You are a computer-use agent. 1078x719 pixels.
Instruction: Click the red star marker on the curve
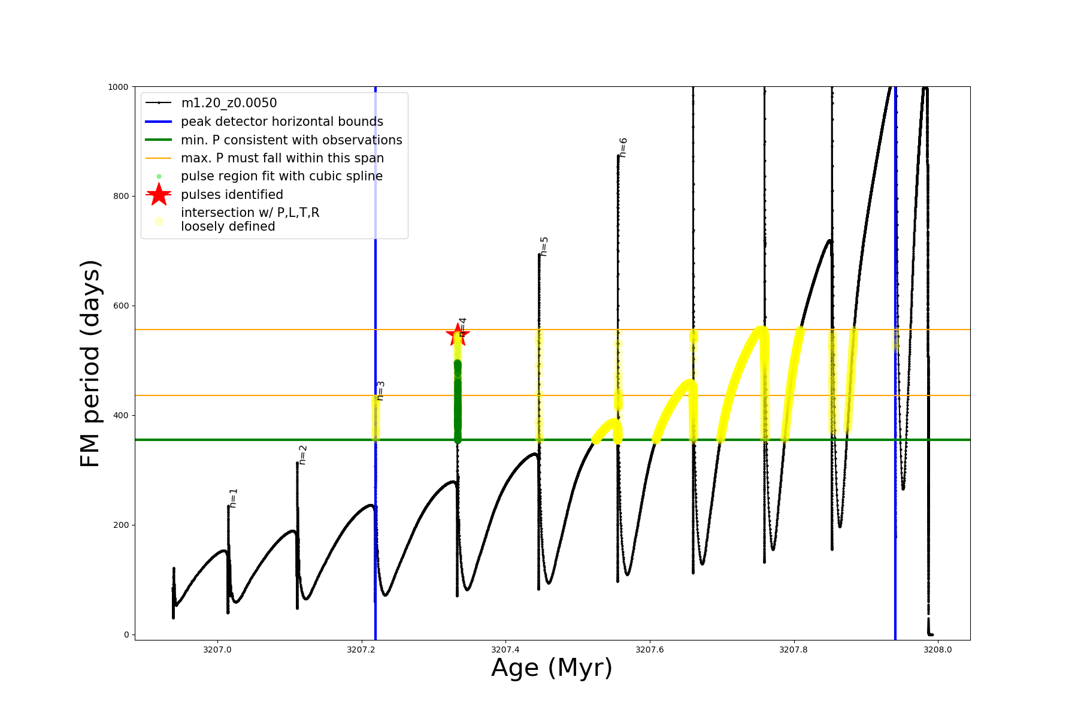458,335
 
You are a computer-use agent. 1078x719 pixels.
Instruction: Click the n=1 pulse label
234,498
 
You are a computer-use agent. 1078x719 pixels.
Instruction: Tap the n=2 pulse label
302,455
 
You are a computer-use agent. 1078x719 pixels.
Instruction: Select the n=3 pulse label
380,391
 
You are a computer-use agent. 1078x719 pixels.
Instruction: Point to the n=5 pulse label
544,246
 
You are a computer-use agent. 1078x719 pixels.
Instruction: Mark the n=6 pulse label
623,147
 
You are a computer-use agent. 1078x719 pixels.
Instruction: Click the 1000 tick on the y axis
118,87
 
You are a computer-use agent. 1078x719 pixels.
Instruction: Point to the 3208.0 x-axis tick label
938,649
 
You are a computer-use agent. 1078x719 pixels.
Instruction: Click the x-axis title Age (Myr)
552,668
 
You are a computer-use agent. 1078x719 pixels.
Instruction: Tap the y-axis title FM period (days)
90,364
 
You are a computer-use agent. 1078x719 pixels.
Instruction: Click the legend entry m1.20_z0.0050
229,103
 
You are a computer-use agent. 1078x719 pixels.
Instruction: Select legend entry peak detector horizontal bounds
281,122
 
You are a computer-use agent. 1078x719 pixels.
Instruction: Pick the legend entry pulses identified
232,195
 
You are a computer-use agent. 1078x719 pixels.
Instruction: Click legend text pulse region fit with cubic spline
281,176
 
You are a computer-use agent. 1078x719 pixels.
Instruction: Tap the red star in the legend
159,194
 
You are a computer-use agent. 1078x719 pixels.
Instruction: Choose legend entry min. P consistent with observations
291,140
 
